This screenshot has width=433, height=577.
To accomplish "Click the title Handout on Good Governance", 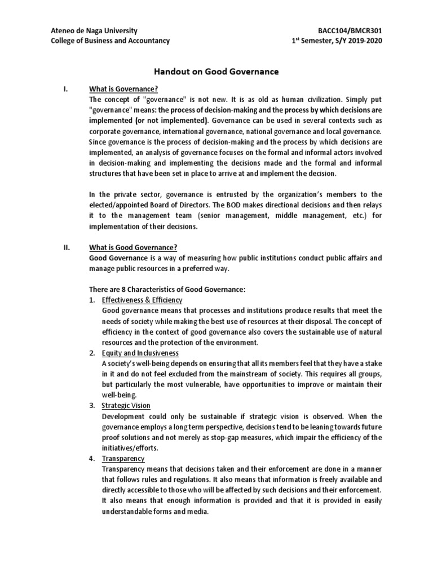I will click(216, 72).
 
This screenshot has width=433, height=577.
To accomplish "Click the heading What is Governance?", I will click(123, 89).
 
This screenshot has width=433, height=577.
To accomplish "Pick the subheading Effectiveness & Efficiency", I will click(142, 300).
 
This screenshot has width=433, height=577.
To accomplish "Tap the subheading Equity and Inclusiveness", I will click(140, 353).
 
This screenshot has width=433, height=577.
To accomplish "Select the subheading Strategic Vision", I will click(126, 406).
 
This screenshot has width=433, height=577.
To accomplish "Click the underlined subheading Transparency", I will click(123, 459).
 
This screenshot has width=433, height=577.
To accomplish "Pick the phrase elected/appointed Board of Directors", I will click(146, 205).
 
